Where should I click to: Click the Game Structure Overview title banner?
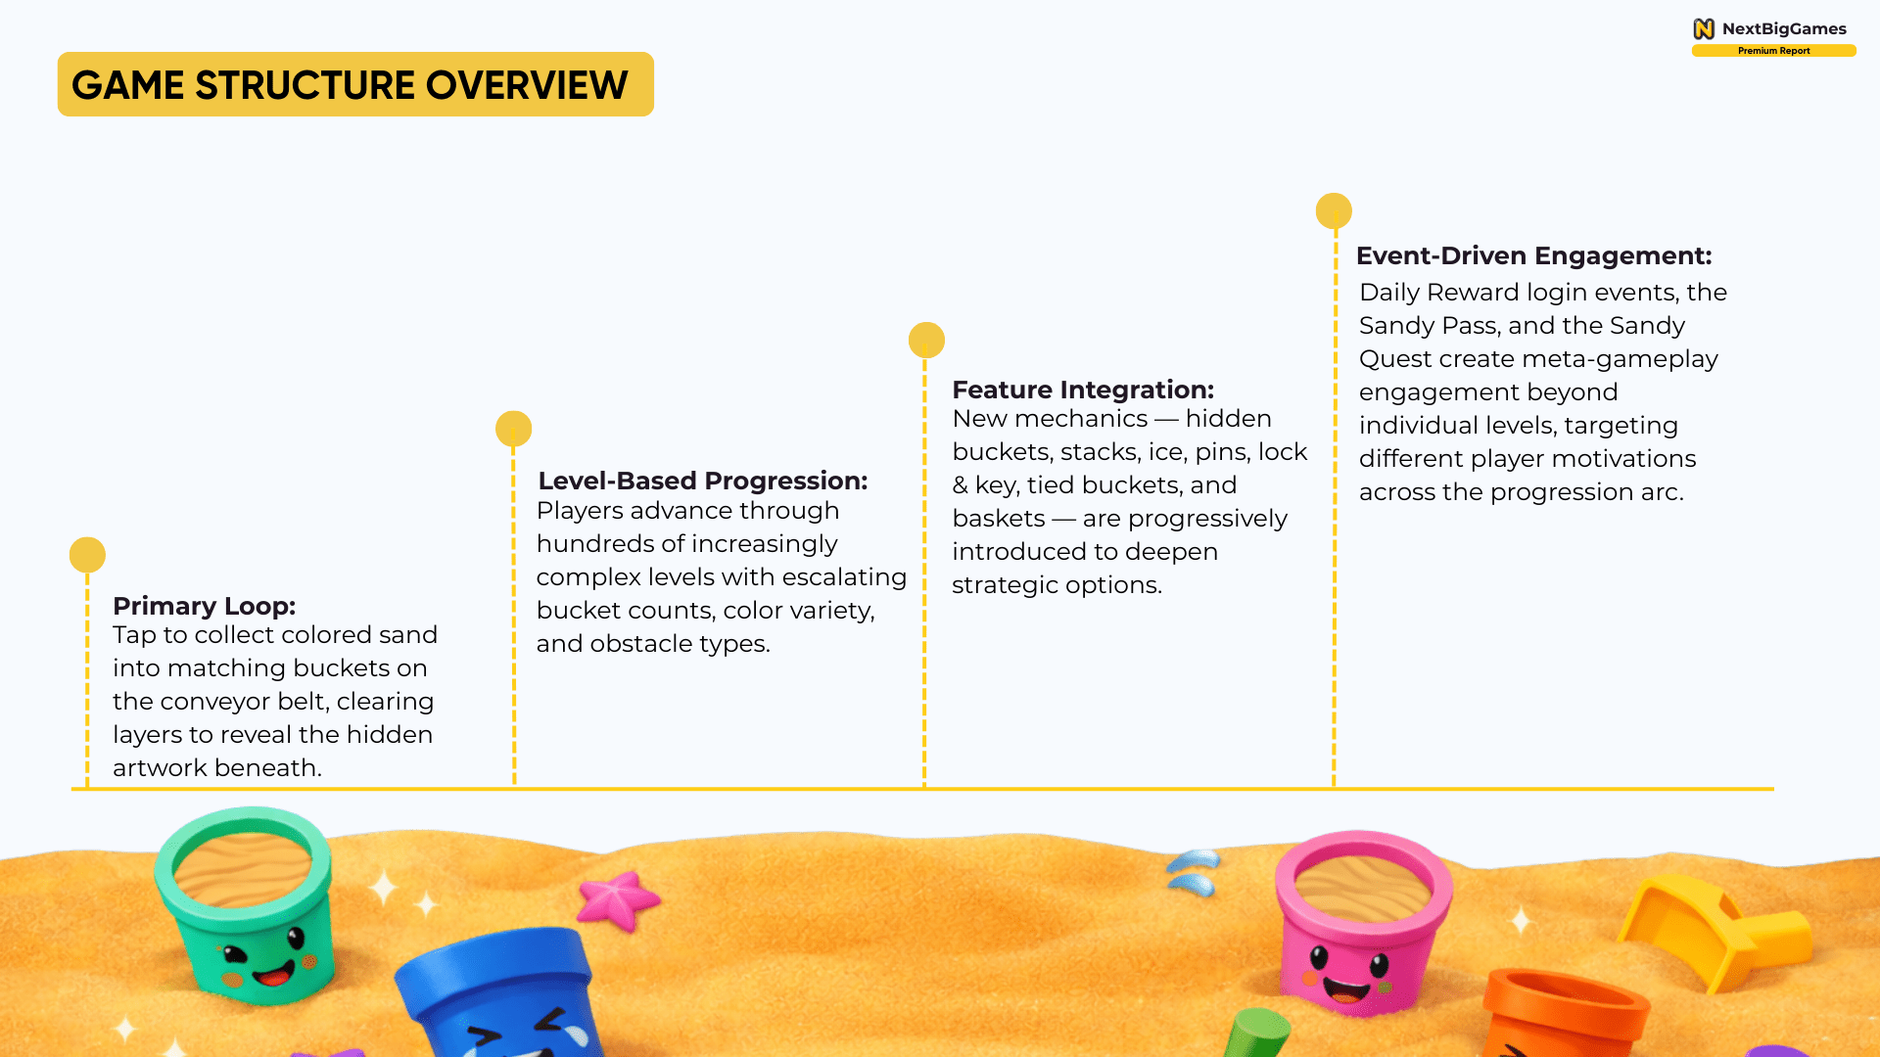pos(355,84)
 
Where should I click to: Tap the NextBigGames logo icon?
pos(1704,28)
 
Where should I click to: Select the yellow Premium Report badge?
pos(1773,51)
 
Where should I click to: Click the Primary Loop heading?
pos(204,606)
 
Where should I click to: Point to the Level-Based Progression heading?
pos(703,481)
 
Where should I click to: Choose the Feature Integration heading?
pos(1083,390)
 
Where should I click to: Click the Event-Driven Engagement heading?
pos(1534,255)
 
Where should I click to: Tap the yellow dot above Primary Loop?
pos(87,555)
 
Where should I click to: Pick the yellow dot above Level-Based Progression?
pos(513,429)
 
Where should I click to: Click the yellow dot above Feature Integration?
pos(926,340)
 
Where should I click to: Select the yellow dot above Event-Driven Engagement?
pos(1334,210)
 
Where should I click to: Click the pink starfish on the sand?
pos(617,898)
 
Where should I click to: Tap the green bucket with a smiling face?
pos(246,905)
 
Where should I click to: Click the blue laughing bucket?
pos(499,993)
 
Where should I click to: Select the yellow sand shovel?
pos(1709,930)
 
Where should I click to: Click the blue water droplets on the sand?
pos(1194,872)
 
